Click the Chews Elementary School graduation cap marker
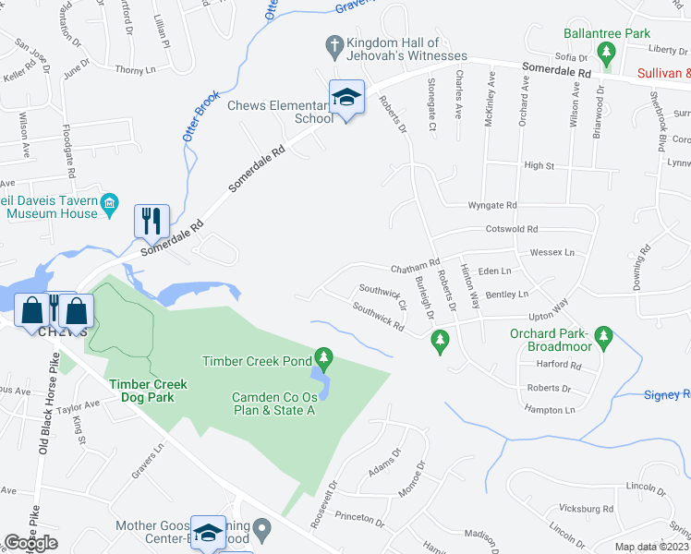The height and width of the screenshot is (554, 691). pos(346,97)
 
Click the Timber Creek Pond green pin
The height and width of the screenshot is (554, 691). pos(323,356)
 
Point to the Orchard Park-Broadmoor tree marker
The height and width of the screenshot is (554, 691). pos(604,334)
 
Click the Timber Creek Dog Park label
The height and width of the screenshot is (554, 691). pos(148,391)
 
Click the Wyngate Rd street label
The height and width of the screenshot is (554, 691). pos(493,205)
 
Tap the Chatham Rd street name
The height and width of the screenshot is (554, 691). pos(412,268)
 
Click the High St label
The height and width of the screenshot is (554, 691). pos(539,165)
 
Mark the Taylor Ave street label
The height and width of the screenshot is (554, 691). pos(79,405)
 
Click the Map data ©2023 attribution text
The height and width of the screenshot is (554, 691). pos(652,547)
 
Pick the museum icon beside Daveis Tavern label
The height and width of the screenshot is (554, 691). pos(109,204)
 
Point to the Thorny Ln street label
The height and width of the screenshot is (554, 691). pos(137,69)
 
